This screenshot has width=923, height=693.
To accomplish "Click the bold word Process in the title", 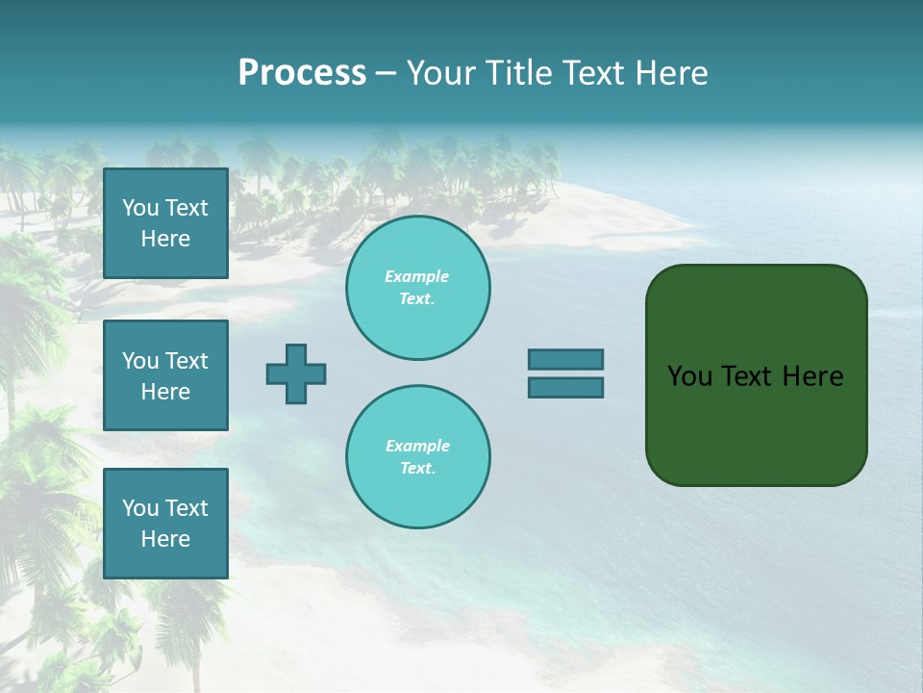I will pos(302,73).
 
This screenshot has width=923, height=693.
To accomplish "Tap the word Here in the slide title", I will pos(671,73).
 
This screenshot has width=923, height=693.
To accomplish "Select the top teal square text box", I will pos(165,223).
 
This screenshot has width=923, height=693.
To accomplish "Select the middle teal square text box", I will pos(165,375).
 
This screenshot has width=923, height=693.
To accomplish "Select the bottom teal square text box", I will pos(165,524).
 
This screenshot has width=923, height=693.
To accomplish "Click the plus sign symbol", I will pos(296,373).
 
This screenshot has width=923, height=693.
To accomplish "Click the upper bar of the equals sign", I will pos(565,359).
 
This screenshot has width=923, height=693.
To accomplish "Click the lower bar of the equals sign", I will pos(565,387).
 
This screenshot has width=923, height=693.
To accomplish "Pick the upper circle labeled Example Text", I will pos(417,288).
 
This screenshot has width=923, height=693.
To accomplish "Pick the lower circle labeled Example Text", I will pos(417,457).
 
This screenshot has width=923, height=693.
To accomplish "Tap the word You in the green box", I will pos(689,376).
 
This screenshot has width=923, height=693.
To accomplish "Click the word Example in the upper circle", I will pos(416,276).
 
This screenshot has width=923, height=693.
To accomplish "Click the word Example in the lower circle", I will pos(417,446).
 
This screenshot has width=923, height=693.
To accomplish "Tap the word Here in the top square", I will pos(165,239).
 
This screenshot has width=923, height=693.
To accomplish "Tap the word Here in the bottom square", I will pos(165,539).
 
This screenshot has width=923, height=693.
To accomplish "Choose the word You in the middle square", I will pos(140,361).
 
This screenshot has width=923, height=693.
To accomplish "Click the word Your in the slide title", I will pos(441,73).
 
